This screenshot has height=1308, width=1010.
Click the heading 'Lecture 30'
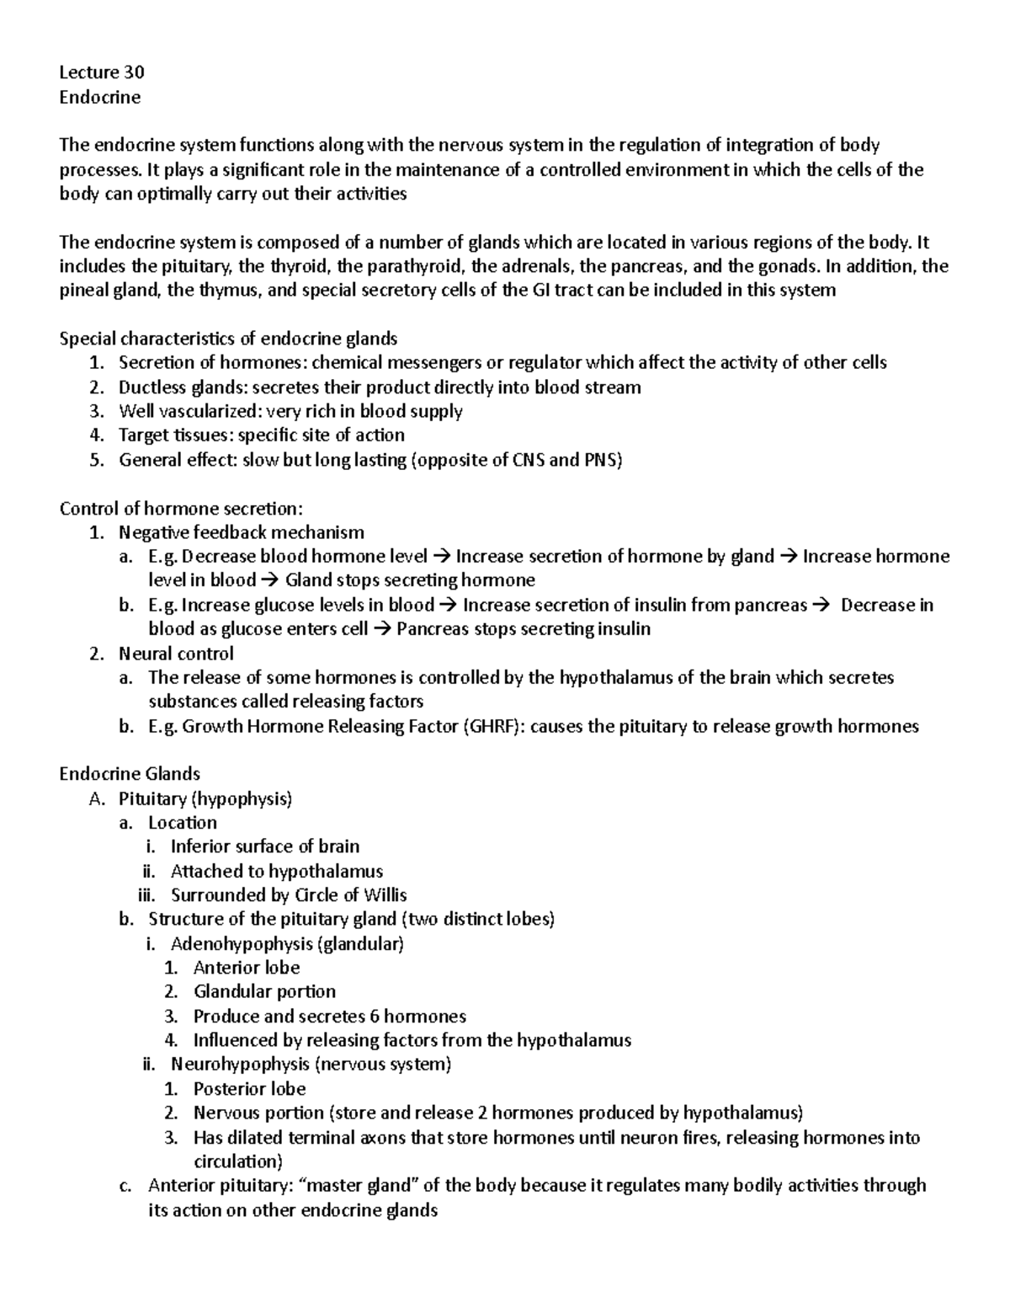[x=101, y=72]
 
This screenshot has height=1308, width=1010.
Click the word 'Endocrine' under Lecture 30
[x=99, y=97]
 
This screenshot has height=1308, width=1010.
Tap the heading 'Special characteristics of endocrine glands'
[x=228, y=339]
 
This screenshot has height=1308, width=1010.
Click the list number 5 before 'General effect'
[x=96, y=460]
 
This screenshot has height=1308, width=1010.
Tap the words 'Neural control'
[x=176, y=654]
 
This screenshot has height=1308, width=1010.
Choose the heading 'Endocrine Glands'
[x=130, y=774]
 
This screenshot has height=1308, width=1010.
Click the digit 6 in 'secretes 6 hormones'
[x=375, y=1016]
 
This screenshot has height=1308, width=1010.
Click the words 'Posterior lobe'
[x=249, y=1088]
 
